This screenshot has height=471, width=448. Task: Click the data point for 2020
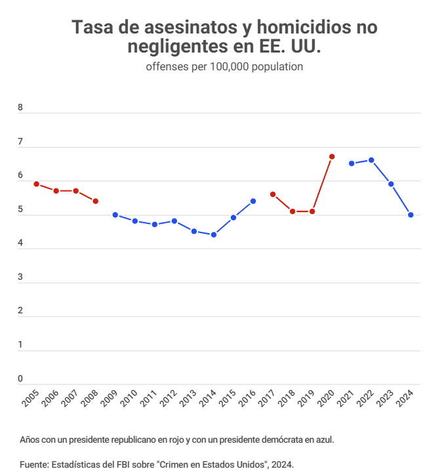tap(332, 156)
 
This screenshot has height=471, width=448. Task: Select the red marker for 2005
tap(37, 184)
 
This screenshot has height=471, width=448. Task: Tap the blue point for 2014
tap(214, 235)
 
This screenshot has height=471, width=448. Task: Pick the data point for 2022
tap(371, 160)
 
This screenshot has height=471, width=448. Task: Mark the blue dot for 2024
tap(411, 215)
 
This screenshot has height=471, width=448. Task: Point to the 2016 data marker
tap(253, 201)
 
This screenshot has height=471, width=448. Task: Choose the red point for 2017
tap(273, 194)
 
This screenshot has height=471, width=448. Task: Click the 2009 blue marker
tap(115, 215)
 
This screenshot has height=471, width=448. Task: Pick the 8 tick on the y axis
tap(20, 108)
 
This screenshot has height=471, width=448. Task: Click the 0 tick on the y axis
tap(20, 378)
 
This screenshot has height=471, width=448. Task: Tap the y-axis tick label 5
tap(20, 210)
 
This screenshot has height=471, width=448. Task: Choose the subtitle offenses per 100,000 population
tap(224, 67)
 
